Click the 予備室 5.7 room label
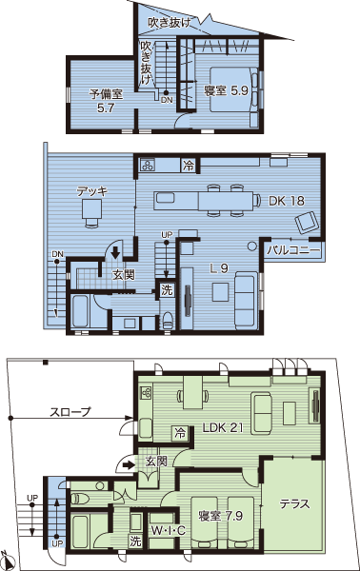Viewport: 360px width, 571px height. [x=106, y=101]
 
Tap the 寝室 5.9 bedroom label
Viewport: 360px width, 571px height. [x=226, y=90]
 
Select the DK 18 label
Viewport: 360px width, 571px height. [x=287, y=201]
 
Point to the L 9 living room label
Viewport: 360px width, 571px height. [x=219, y=268]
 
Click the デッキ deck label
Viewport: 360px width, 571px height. [x=91, y=191]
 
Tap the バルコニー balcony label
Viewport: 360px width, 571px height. [x=293, y=250]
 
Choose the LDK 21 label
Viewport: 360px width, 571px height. [x=223, y=427]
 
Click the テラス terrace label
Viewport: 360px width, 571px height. [x=294, y=503]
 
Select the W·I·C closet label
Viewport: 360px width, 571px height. [x=169, y=531]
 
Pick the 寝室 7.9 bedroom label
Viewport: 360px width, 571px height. [x=220, y=516]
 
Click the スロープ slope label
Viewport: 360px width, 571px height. [x=70, y=412]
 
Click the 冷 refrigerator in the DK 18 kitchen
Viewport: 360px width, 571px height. [x=189, y=166]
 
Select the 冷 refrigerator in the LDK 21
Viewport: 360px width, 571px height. [x=180, y=433]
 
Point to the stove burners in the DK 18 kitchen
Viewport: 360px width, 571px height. [x=148, y=166]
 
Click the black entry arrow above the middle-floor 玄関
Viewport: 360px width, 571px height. [x=115, y=252]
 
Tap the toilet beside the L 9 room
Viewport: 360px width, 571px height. [x=167, y=321]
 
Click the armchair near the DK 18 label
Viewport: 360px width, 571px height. [x=307, y=222]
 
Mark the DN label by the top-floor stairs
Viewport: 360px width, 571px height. [x=167, y=100]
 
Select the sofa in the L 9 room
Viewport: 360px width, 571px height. [x=244, y=300]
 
